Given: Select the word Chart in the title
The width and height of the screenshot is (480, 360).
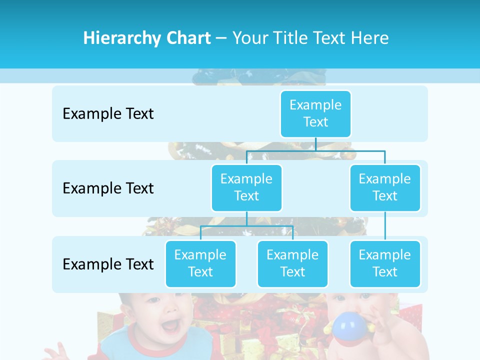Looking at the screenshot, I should click(186, 38).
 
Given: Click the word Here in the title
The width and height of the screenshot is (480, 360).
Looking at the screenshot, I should click(370, 38).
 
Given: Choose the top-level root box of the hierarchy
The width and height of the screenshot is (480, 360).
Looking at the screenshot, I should click(315, 113).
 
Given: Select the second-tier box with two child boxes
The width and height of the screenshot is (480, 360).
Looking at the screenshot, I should click(246, 187).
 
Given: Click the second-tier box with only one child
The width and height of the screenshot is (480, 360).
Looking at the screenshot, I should click(385, 187).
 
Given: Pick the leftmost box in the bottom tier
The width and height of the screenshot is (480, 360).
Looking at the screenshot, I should click(200, 263).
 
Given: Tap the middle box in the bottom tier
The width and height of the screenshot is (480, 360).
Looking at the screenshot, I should click(292, 263).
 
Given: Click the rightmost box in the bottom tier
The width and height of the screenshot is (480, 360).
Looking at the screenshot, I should click(385, 263).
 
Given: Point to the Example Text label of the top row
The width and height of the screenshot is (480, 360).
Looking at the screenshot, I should click(108, 114).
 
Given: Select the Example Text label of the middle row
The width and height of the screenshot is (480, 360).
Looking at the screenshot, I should click(108, 188).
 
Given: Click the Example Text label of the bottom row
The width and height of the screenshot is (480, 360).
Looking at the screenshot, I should click(108, 264).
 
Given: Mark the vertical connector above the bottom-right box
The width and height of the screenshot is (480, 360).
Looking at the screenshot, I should click(385, 226).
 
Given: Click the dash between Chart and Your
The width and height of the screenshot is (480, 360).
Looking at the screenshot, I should click(221, 38).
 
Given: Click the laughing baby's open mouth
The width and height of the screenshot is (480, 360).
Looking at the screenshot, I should click(170, 326).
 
